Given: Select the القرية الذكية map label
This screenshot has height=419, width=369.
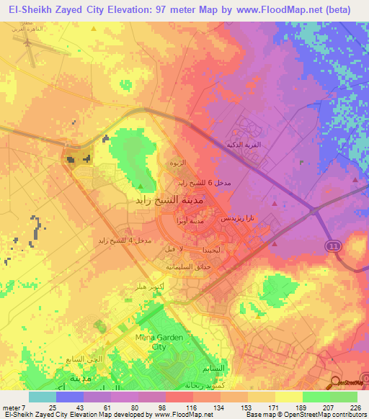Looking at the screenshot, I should tap(244, 145).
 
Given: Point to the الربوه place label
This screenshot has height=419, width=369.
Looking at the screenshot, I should tap(177, 164).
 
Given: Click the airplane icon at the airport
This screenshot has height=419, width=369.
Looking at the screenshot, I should tap(28, 43).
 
